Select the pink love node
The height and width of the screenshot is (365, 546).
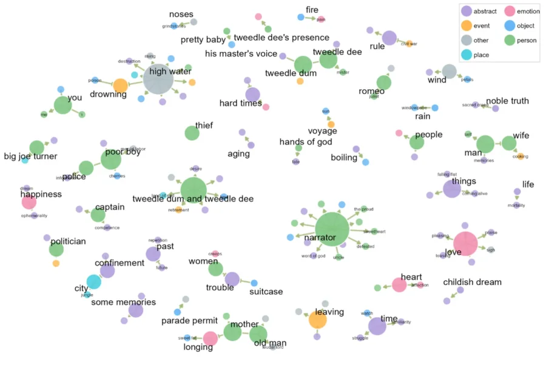[465, 244]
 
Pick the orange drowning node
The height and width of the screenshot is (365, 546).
[121, 85]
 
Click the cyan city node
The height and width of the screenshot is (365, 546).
[93, 281]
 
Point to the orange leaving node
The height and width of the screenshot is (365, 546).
[317, 320]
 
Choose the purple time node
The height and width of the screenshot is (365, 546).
[377, 326]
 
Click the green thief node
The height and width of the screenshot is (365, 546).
[192, 133]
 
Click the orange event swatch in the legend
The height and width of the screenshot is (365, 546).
[466, 25]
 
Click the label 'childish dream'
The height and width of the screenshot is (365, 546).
[472, 282]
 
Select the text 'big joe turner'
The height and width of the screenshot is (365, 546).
[30, 156]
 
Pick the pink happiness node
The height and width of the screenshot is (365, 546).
[29, 203]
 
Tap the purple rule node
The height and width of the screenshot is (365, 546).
[389, 38]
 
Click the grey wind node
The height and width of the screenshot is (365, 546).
[449, 72]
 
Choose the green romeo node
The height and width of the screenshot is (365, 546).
[383, 82]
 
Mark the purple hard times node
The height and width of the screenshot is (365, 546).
[253, 94]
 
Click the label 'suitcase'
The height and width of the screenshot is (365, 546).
[266, 292]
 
